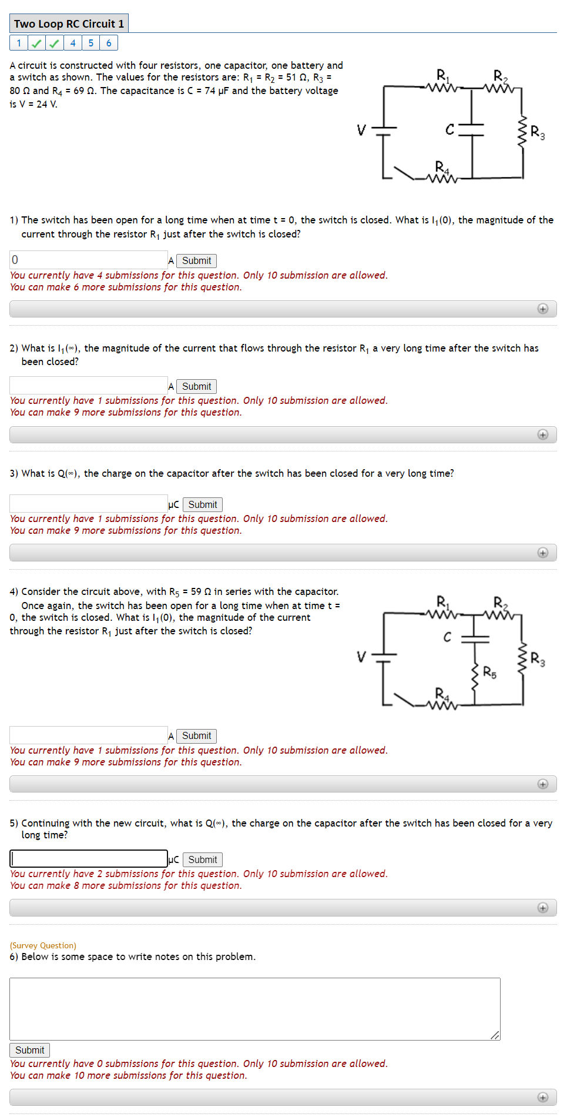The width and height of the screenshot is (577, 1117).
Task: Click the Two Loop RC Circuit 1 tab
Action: [69, 24]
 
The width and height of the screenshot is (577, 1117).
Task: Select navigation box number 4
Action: [73, 43]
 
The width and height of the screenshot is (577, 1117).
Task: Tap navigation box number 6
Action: [109, 43]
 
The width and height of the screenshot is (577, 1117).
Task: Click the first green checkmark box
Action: [36, 43]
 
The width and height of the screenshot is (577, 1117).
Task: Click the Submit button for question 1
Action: [196, 260]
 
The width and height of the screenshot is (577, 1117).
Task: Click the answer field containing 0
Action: [88, 260]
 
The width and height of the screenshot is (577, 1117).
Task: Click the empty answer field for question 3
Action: [88, 504]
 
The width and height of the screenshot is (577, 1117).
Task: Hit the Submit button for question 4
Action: [196, 735]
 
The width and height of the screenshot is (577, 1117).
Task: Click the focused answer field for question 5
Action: [88, 859]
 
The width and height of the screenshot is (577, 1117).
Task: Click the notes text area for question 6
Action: [254, 1009]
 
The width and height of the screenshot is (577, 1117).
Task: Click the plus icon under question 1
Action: [542, 309]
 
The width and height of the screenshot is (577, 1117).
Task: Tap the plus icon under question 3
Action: [542, 553]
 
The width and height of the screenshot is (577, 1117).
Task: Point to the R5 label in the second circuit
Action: [489, 672]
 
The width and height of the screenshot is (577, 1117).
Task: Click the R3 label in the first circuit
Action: [537, 132]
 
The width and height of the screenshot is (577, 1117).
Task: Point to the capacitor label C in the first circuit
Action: [449, 129]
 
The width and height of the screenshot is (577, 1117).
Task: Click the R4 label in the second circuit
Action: [441, 694]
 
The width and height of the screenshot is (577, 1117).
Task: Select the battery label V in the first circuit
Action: [361, 129]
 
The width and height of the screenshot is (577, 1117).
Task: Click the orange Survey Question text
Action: [43, 945]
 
